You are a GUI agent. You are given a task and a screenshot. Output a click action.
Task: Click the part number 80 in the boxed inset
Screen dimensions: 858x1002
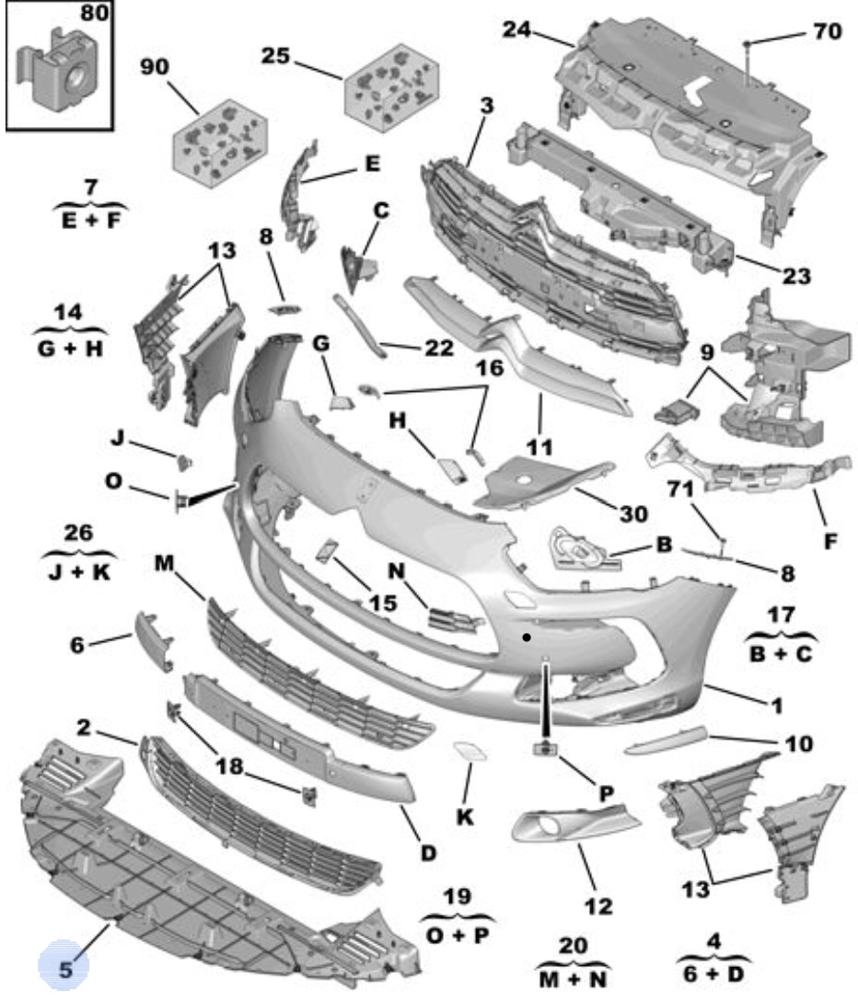(x=93, y=13)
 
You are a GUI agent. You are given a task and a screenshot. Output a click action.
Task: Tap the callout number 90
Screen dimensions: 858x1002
(x=155, y=66)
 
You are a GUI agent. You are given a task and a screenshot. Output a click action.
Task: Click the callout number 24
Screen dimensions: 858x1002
(x=516, y=29)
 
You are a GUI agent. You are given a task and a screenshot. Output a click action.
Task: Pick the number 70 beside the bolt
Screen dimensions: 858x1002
(x=828, y=30)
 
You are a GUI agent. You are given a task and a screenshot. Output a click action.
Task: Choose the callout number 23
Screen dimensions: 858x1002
(x=796, y=275)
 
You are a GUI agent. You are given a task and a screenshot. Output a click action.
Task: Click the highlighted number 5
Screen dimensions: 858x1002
(x=65, y=969)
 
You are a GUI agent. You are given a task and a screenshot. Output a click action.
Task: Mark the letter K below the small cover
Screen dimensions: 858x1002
(x=465, y=816)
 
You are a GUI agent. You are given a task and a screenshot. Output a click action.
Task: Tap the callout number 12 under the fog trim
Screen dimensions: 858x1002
(x=598, y=905)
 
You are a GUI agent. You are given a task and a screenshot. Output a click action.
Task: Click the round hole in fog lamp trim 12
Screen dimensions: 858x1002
(x=550, y=827)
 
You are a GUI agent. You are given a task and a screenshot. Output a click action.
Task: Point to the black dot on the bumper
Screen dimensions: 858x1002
(x=527, y=637)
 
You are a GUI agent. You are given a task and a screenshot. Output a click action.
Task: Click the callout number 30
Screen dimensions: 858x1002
(x=633, y=513)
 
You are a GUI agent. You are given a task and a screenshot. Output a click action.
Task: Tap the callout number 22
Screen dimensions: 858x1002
(x=439, y=348)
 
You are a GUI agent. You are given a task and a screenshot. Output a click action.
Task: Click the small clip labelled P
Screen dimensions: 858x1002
(x=545, y=748)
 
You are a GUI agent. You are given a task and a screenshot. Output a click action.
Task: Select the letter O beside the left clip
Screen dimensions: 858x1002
(x=113, y=480)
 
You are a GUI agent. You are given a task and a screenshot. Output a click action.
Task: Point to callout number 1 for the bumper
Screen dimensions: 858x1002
(x=777, y=706)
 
